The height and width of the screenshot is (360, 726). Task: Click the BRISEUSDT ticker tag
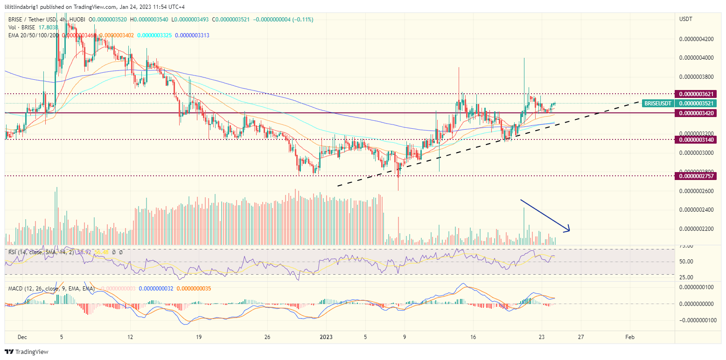pyautogui.click(x=657, y=103)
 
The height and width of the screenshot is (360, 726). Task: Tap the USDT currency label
pyautogui.click(x=686, y=19)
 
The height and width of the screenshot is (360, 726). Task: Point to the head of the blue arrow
pyautogui.click(x=569, y=230)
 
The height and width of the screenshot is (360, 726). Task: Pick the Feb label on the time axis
pyautogui.click(x=629, y=337)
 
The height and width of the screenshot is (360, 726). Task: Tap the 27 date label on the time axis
pyautogui.click(x=580, y=337)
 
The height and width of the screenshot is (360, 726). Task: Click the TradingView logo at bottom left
pyautogui.click(x=27, y=352)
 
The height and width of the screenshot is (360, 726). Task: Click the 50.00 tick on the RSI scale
pyautogui.click(x=686, y=262)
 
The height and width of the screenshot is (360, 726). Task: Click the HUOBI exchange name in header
pyautogui.click(x=79, y=20)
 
